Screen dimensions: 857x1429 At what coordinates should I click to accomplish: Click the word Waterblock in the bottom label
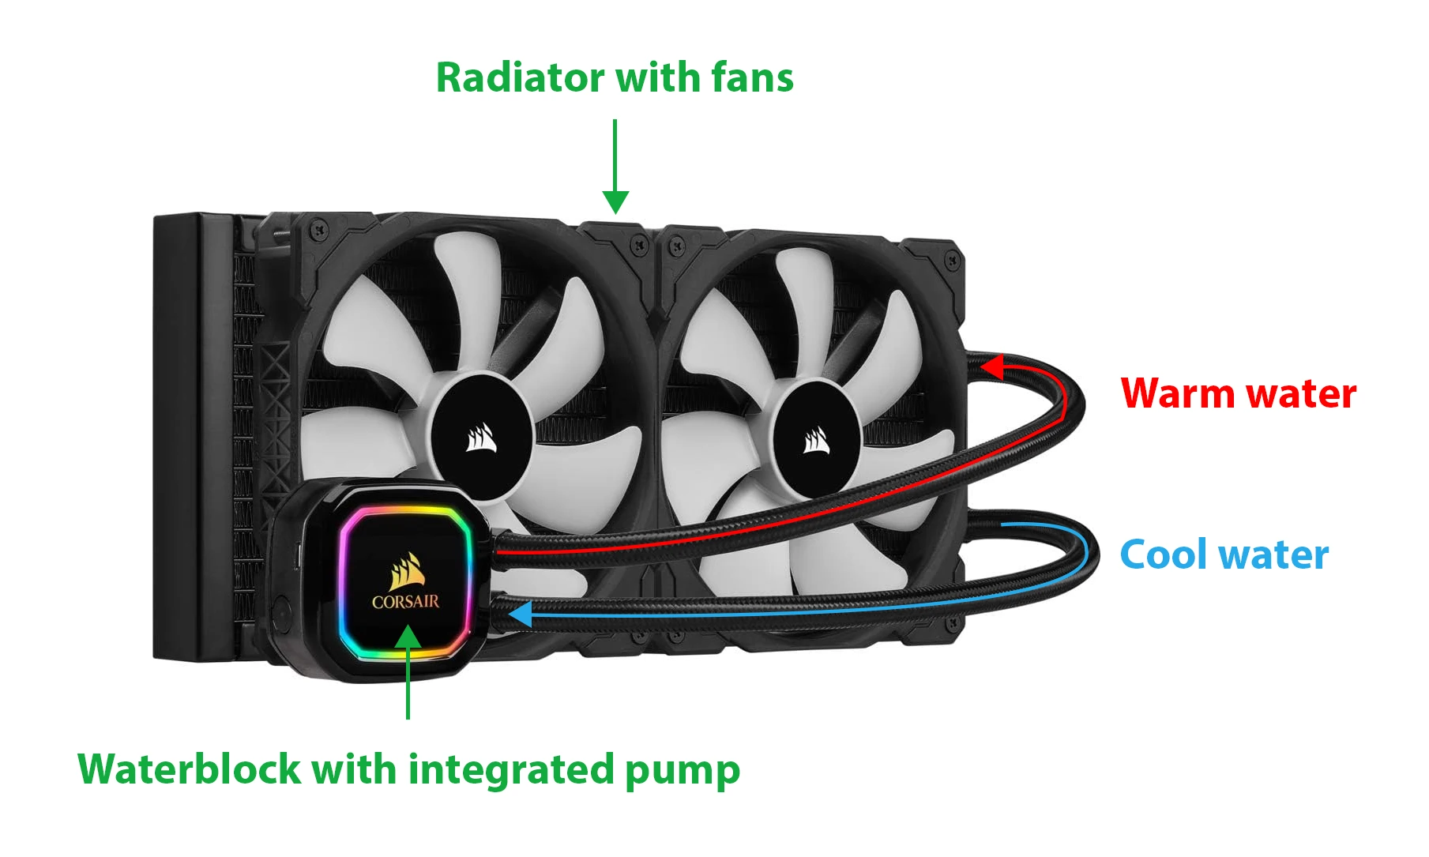pos(189,769)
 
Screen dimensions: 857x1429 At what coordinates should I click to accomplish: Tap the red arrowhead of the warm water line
pos(991,366)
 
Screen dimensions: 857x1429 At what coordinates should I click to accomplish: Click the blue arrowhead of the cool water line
pos(520,614)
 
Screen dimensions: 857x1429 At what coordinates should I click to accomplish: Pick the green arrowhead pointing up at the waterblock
pos(408,637)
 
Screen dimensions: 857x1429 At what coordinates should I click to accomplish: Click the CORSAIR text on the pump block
pos(405,602)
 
